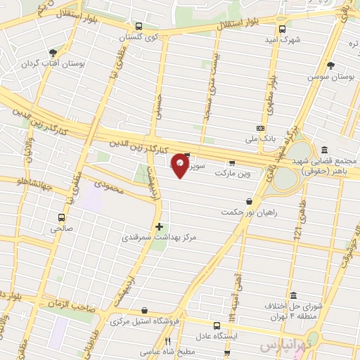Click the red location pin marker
181,164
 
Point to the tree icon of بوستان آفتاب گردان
53,53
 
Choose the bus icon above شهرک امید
282,29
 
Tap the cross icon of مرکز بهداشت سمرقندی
160,226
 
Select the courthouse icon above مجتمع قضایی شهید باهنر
324,150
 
